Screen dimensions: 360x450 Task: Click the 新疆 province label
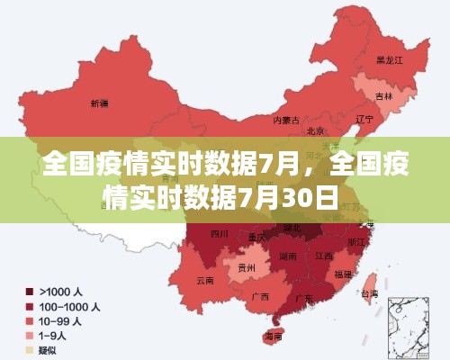point(99,104)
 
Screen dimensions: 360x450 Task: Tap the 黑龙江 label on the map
point(389,61)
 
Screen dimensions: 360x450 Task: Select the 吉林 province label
point(384,95)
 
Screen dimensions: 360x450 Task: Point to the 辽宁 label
point(364,118)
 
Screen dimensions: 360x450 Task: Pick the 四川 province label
point(219,234)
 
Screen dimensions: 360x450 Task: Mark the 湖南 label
point(289,256)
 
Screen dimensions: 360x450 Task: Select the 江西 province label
point(323,256)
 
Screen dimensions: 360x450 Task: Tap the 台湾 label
point(369,293)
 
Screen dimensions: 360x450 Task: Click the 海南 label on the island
point(272,336)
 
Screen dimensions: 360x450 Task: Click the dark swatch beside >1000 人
point(30,292)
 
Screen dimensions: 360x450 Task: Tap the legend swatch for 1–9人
point(30,335)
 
